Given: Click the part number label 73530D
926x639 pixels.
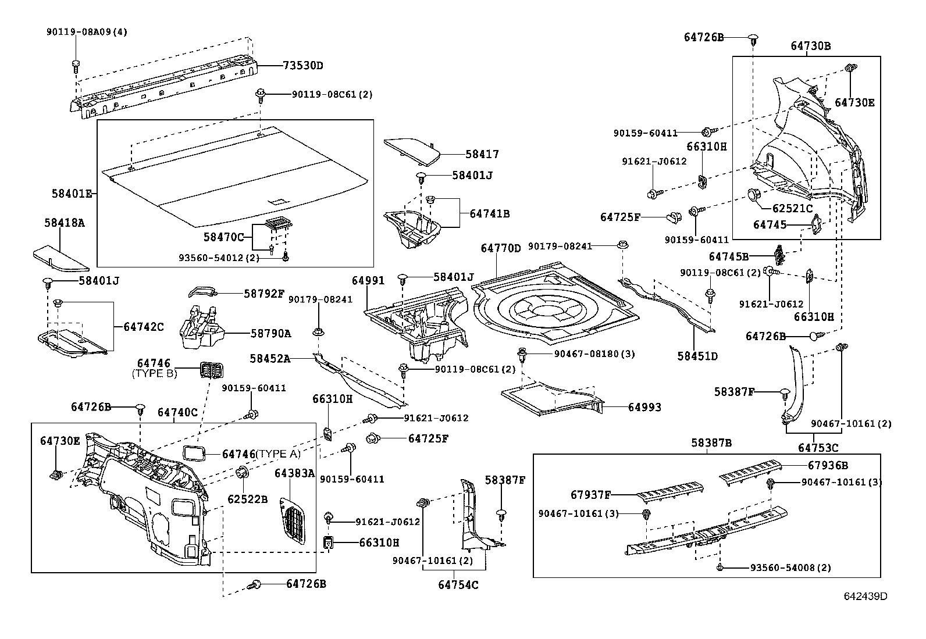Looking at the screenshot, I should tap(302, 65).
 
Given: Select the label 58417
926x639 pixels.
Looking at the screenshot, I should tap(482, 155).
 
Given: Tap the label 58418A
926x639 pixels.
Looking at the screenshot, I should tap(65, 222).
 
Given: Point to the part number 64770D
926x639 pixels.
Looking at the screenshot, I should tap(501, 248).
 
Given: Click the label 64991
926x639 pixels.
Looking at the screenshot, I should tap(368, 280).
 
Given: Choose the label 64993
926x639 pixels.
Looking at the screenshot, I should tap(644, 408).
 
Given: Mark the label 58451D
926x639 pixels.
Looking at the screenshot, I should tap(697, 356).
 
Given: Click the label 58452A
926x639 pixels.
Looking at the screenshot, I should tap(270, 359).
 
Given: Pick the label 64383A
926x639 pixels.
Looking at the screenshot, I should tap(294, 473).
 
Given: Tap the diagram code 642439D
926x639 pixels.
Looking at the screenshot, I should tap(866, 596).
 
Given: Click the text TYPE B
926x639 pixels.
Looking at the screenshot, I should tap(155, 374).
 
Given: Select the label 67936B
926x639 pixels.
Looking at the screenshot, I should tap(828, 465).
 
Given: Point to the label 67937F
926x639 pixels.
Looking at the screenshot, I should tap(591, 495).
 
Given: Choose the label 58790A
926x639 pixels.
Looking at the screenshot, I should tap(271, 334).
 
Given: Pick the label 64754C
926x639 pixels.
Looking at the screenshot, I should tap(458, 584).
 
